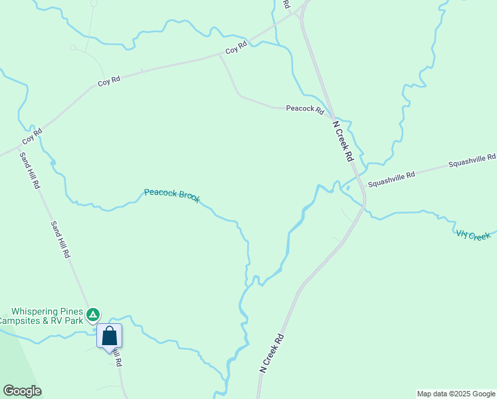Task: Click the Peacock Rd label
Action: click(x=304, y=108)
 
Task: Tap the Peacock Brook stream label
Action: click(x=172, y=195)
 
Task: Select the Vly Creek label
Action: click(x=473, y=235)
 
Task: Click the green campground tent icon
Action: click(x=94, y=313)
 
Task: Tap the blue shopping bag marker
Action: click(x=110, y=336)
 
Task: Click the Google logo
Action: click(x=22, y=391)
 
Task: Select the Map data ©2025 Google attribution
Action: click(x=456, y=394)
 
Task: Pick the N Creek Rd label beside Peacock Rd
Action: click(x=343, y=141)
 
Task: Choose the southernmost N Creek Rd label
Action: click(x=272, y=352)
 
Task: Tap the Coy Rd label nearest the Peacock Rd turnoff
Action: click(x=236, y=48)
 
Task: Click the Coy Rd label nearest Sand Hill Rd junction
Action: click(x=32, y=137)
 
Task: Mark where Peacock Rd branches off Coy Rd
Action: click(x=220, y=55)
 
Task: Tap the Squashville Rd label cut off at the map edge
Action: click(x=472, y=160)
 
